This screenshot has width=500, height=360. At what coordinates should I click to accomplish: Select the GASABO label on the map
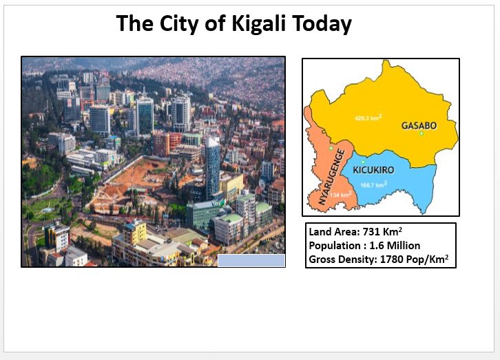419,126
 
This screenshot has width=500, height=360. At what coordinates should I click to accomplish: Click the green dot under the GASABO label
421,134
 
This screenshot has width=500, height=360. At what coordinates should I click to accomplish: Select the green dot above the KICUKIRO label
363,162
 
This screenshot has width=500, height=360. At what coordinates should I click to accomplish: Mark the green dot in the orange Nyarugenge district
331,149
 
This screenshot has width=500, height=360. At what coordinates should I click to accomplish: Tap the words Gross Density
342,260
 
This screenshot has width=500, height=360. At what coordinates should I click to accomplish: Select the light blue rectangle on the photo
251,260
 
